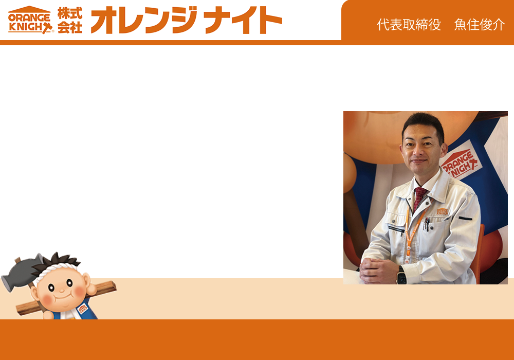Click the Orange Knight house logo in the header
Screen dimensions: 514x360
30,20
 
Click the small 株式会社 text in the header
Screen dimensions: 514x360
70,21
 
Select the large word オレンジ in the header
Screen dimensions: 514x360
144,20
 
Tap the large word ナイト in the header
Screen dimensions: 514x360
243,21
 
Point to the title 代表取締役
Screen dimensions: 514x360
409,25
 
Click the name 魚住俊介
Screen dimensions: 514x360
479,25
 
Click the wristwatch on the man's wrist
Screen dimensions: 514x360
401,276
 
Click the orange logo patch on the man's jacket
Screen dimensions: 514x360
442,211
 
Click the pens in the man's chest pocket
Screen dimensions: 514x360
427,224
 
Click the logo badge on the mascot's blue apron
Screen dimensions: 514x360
82,309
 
